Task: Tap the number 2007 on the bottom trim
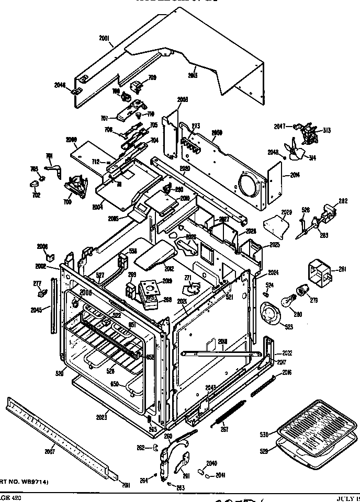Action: [x=49, y=450]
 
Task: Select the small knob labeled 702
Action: [x=36, y=184]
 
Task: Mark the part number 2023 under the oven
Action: [x=102, y=417]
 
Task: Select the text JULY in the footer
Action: [x=345, y=498]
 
